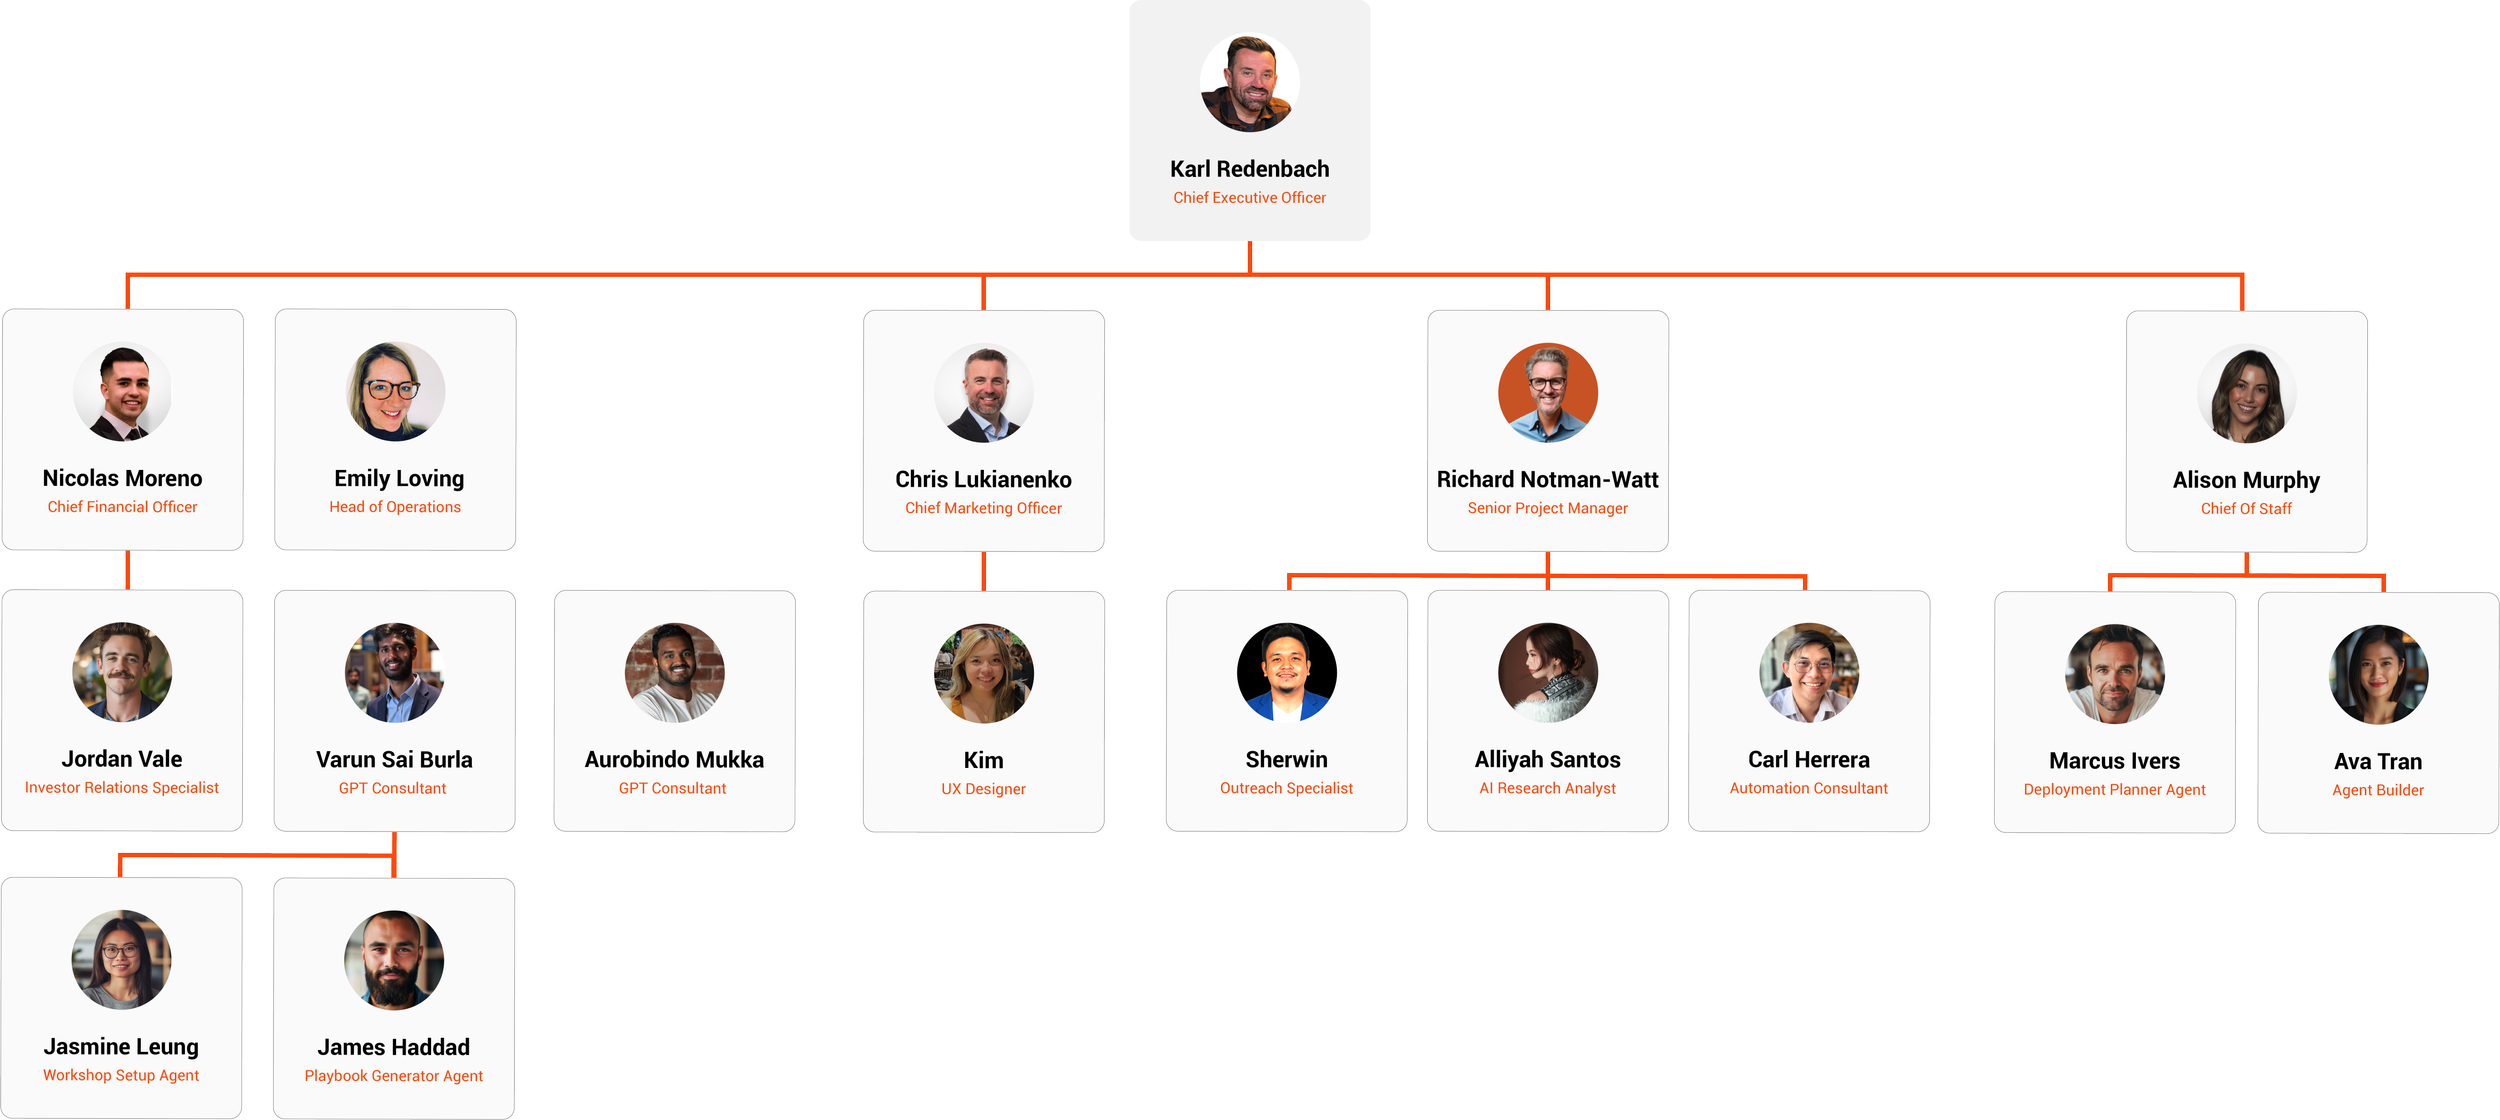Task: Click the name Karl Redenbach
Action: pos(1249,169)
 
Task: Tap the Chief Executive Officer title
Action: pos(1249,198)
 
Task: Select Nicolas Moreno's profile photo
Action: pos(123,393)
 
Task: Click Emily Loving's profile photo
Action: pos(396,392)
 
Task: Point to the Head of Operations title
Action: pos(395,507)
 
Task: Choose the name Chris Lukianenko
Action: pos(983,480)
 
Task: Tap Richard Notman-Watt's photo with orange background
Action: pos(1547,393)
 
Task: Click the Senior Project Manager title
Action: pos(1547,508)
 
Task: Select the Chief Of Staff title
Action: pos(2246,509)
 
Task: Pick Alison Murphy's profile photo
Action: pos(2246,394)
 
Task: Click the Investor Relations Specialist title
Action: pos(122,788)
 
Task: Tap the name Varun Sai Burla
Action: pos(394,760)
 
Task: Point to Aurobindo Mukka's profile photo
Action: pos(674,673)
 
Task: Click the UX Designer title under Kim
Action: pos(983,789)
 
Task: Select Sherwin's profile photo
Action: pos(1286,673)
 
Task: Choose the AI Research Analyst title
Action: pos(1547,788)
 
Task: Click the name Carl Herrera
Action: pos(1808,760)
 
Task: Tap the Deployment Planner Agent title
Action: pos(2114,789)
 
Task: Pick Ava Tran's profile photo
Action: pos(2378,675)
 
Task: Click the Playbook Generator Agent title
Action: pos(394,1076)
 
